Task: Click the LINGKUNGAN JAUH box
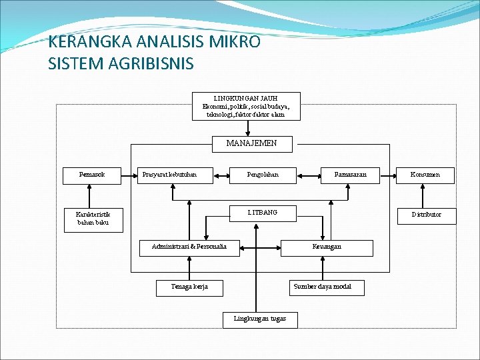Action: [x=246, y=106]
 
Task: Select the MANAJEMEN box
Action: [x=251, y=143]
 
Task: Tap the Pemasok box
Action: [x=91, y=175]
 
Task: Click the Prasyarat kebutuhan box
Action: [x=175, y=175]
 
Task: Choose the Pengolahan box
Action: [x=263, y=175]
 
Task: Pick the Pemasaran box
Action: [x=351, y=175]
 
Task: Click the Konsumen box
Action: [x=425, y=175]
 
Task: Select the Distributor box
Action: [x=426, y=214]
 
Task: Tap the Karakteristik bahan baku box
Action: [x=93, y=219]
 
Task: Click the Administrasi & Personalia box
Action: [x=189, y=247]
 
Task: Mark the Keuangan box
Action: [x=327, y=247]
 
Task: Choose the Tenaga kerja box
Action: [x=190, y=287]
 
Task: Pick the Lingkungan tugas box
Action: [x=260, y=319]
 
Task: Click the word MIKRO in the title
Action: [x=236, y=42]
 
